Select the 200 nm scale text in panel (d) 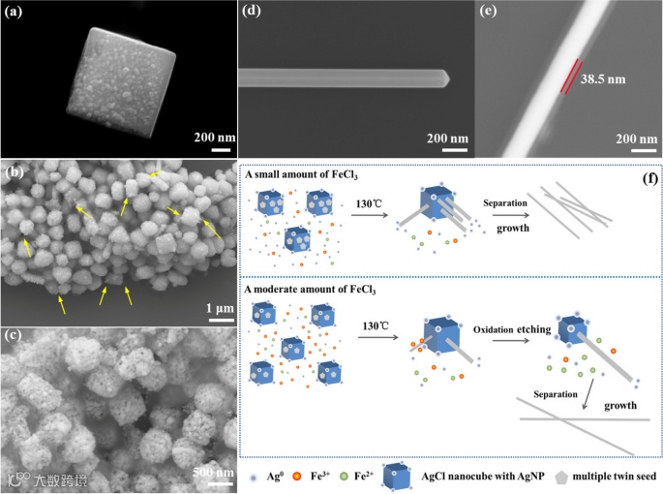click(442, 135)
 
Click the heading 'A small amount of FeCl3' click(301, 176)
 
